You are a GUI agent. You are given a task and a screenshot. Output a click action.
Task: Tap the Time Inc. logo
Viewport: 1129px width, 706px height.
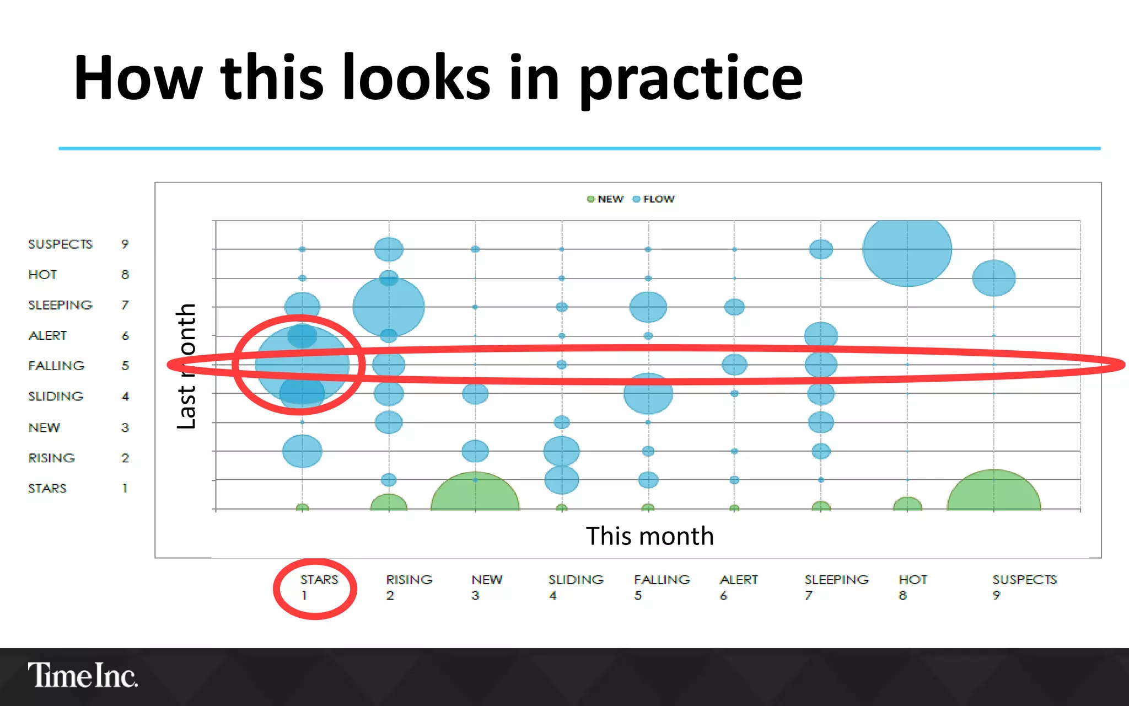coord(83,675)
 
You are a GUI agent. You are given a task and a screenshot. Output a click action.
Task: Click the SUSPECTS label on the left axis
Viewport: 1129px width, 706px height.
coord(60,244)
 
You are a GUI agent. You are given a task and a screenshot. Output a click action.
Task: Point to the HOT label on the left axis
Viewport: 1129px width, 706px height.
coord(42,274)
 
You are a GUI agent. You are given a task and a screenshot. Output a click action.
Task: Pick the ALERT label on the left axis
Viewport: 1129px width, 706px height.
coord(47,335)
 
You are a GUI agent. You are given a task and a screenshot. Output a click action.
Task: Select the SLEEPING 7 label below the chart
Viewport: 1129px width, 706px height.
coord(836,587)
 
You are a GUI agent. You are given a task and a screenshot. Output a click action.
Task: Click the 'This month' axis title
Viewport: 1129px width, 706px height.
coord(649,536)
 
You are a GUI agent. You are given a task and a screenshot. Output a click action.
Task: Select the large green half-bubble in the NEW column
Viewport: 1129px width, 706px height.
coord(475,493)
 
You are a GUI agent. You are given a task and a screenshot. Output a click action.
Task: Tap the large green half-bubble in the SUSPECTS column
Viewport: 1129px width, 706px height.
coord(993,491)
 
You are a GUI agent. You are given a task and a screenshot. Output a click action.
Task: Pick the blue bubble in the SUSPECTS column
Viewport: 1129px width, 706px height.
coord(993,278)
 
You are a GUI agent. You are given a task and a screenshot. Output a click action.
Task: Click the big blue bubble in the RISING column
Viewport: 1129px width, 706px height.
coord(389,307)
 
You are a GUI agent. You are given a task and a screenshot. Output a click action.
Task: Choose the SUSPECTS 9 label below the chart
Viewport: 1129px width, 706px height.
coord(1024,587)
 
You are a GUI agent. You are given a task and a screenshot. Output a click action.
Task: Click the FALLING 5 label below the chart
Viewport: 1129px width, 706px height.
coord(662,587)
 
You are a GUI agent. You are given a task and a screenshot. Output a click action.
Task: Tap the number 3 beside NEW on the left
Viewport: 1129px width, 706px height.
coord(125,427)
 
